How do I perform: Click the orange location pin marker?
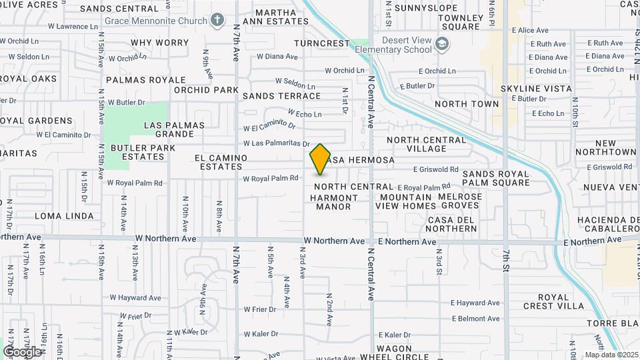(321, 159)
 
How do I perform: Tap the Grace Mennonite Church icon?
(217, 19)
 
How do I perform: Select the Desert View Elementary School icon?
(441, 45)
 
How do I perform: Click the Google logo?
(22, 351)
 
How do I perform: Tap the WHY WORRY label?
(159, 43)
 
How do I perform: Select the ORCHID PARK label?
(206, 90)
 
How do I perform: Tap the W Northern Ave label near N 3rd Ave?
(334, 241)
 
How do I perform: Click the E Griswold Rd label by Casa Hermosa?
(436, 169)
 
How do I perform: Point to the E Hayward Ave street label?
(475, 303)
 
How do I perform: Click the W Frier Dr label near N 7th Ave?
(259, 309)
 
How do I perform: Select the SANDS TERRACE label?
(281, 96)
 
